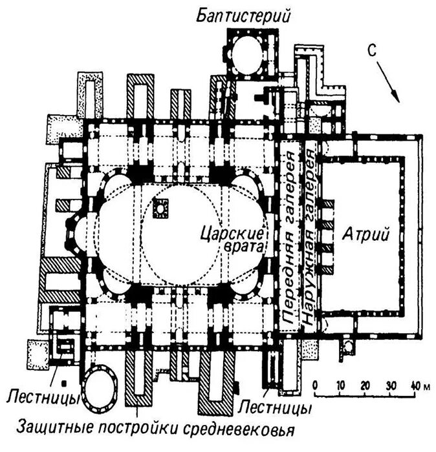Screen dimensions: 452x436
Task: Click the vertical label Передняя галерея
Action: click(x=289, y=232)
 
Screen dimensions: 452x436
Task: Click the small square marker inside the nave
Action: click(x=160, y=208)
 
